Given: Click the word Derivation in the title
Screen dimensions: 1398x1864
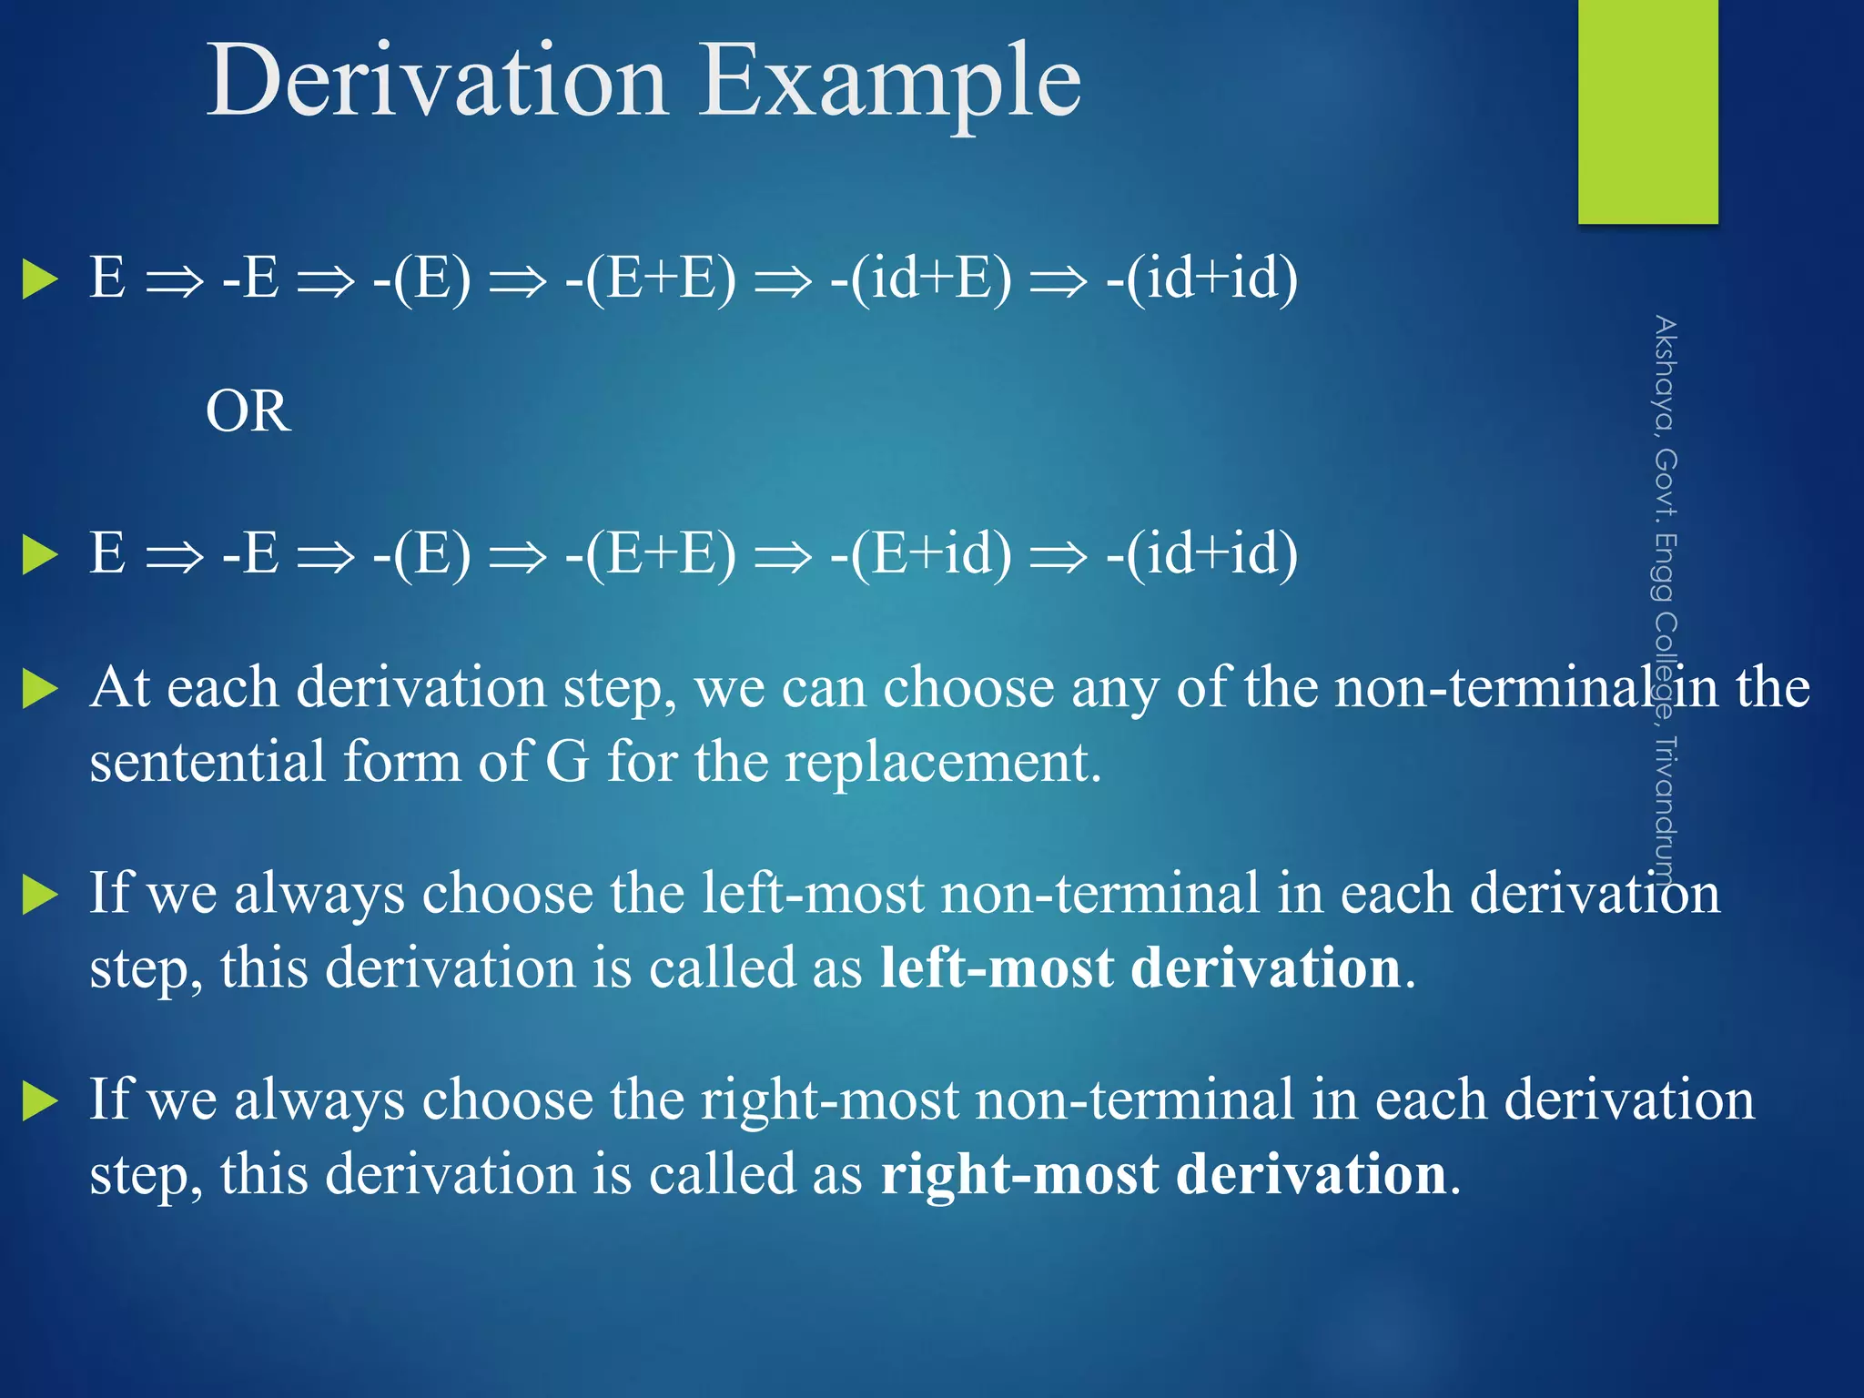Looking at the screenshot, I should pos(437,82).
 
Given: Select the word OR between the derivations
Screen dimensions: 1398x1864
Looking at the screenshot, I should pos(248,411).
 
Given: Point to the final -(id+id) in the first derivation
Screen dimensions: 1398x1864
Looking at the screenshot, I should pos(1201,279).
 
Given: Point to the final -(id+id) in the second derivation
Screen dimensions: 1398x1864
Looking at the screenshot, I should pos(1201,554).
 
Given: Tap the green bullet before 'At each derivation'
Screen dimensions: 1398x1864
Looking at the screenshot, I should pos(40,689).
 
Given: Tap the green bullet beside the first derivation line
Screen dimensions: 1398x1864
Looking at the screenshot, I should pos(40,279).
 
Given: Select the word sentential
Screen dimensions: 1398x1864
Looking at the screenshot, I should pos(208,762).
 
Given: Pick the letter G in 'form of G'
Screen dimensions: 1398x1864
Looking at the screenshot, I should pos(567,762).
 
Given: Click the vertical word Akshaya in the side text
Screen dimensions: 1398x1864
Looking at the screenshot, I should pos(1665,373).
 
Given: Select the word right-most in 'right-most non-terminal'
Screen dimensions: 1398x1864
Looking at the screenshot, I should pos(829,1099).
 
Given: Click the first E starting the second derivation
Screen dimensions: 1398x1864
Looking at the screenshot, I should pos(107,554).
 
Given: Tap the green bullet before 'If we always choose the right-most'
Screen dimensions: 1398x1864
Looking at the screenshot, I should pos(40,1101).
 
